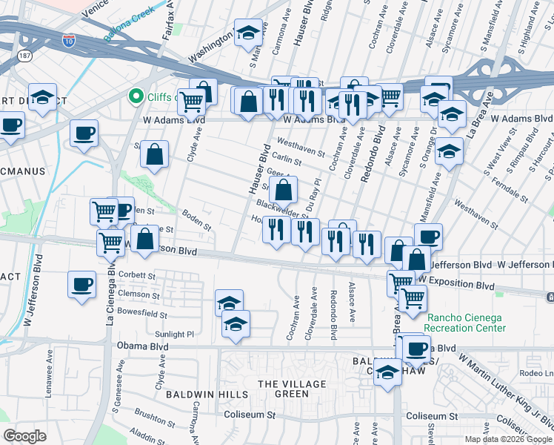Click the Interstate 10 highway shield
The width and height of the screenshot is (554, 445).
click(69, 41)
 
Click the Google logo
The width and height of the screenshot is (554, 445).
click(24, 435)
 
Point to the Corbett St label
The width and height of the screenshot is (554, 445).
click(140, 276)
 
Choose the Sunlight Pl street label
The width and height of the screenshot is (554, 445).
click(175, 334)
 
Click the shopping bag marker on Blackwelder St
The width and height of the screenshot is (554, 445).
click(284, 190)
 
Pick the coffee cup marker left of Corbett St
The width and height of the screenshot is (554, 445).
click(81, 283)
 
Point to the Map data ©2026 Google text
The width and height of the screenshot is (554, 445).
click(507, 439)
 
